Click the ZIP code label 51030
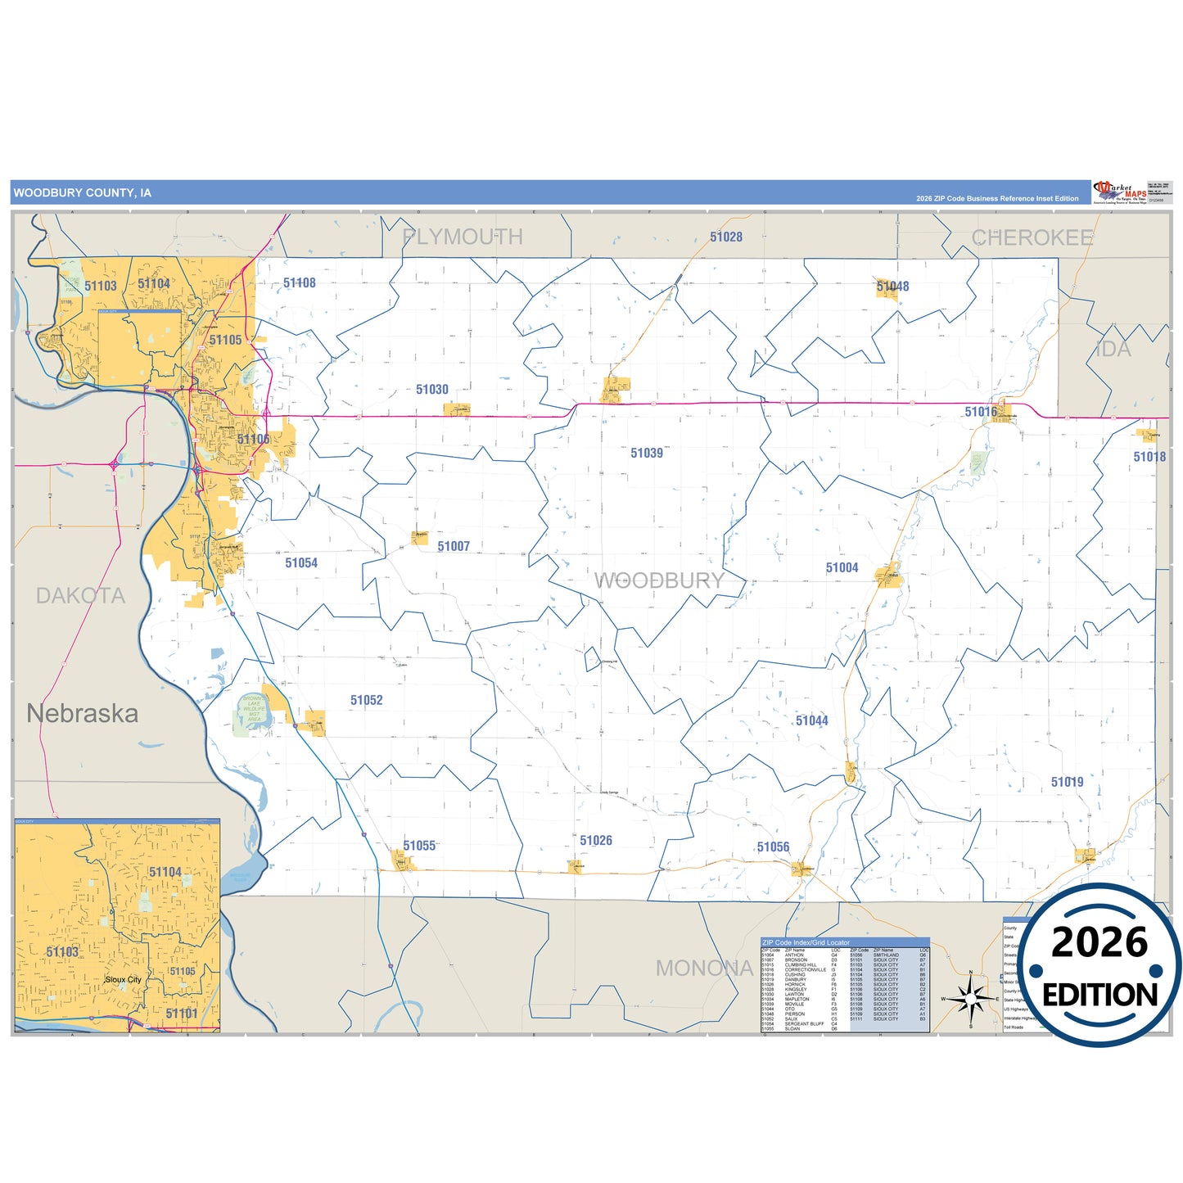(431, 390)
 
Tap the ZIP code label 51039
(646, 453)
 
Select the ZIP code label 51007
(453, 546)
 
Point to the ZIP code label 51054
(300, 562)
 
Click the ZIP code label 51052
(366, 700)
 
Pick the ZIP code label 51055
(419, 846)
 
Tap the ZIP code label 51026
(595, 841)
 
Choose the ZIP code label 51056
(773, 847)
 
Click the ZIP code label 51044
(811, 720)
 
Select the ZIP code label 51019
(1067, 782)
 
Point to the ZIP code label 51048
(892, 286)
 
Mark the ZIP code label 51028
(725, 237)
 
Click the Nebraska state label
(82, 713)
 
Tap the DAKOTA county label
(80, 595)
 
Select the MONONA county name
(704, 969)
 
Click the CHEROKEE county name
(1032, 237)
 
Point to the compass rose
(970, 998)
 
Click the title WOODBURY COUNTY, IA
(82, 193)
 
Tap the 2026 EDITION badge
(1099, 965)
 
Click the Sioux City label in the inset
(123, 979)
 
